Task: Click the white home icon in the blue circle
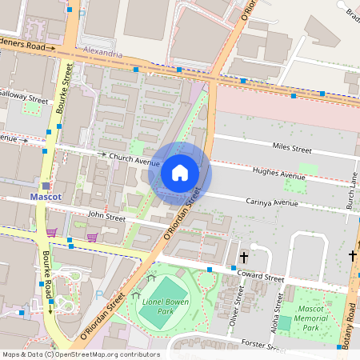(180, 172)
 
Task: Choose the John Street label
(106, 217)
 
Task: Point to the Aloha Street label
(277, 315)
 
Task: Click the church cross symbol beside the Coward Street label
(244, 258)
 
